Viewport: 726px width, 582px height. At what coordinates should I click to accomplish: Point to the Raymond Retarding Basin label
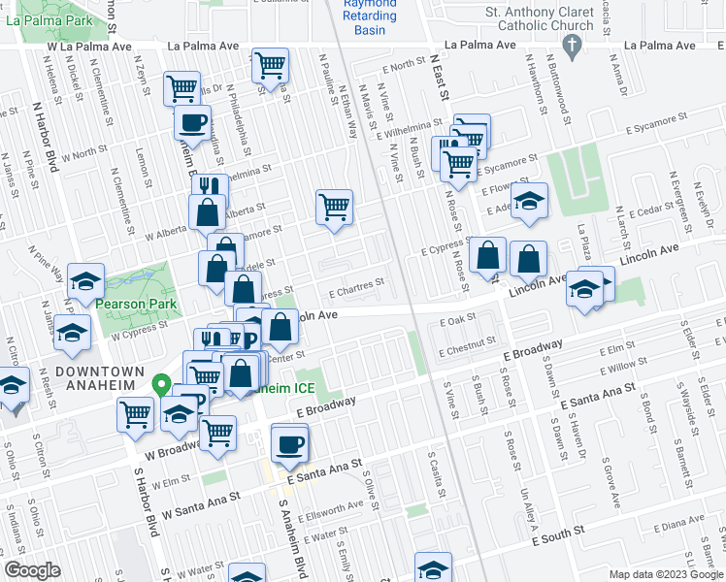pos(370,16)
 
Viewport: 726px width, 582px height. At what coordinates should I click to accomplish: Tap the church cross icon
pos(573,45)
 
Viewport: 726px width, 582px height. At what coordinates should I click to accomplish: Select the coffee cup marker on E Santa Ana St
pos(290,443)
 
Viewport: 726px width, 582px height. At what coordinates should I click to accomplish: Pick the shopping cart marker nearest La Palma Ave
pos(271,65)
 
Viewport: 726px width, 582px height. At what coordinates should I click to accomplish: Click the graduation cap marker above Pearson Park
pos(86,281)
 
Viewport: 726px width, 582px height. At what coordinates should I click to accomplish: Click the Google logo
pos(32,570)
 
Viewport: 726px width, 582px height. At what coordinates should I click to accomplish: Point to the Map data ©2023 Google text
pos(665,574)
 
